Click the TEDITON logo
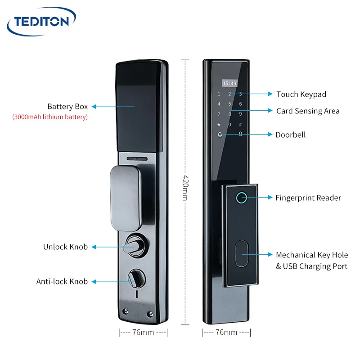(41, 21)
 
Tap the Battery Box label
(67, 107)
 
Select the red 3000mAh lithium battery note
(50, 117)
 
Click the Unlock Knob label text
(65, 247)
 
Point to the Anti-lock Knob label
(62, 282)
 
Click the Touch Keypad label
(301, 94)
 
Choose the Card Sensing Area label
(308, 111)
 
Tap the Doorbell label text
(290, 135)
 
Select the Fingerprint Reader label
(308, 198)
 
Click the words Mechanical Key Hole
(311, 255)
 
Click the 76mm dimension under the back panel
(143, 333)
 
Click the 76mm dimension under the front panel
(226, 333)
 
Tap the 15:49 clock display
(229, 83)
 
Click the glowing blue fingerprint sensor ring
(241, 198)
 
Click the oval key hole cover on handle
(241, 254)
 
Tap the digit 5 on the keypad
(229, 104)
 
